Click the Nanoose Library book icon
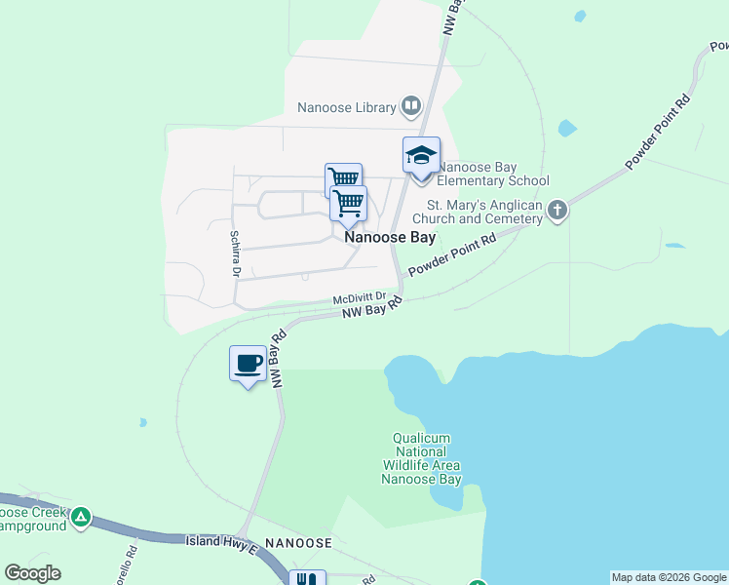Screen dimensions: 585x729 [411, 106]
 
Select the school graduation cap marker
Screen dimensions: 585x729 [421, 157]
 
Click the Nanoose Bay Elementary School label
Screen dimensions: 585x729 [492, 174]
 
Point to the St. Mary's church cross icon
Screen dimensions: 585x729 [556, 211]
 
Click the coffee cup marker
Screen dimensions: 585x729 [248, 364]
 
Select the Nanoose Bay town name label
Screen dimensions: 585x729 [389, 237]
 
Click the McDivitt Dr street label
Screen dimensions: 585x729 [360, 298]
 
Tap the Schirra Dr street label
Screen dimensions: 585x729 [235, 253]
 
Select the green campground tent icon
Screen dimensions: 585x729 [82, 517]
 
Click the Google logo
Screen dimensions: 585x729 [32, 573]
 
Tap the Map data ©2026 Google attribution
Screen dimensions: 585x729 [669, 577]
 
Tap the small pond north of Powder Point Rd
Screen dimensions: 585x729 [566, 128]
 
